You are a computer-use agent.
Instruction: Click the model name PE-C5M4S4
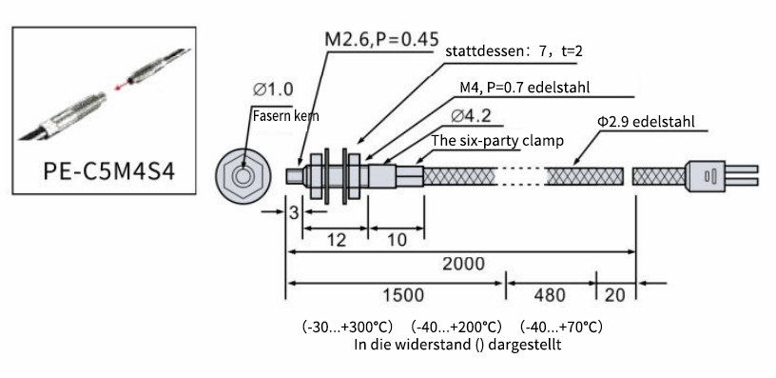pos(108,171)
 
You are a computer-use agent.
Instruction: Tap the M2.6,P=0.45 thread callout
pos(381,39)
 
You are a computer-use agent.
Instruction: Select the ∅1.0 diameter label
pos(273,90)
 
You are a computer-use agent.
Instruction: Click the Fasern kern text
pos(285,116)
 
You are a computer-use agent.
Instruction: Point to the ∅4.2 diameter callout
pos(471,116)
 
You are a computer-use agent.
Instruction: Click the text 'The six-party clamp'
pos(497,141)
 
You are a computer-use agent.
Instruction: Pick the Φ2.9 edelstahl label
pos(646,121)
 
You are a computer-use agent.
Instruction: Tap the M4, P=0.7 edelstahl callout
pos(525,88)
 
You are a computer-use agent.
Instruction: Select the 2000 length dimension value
pos(463,264)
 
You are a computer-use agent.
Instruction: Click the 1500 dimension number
pos(403,295)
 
